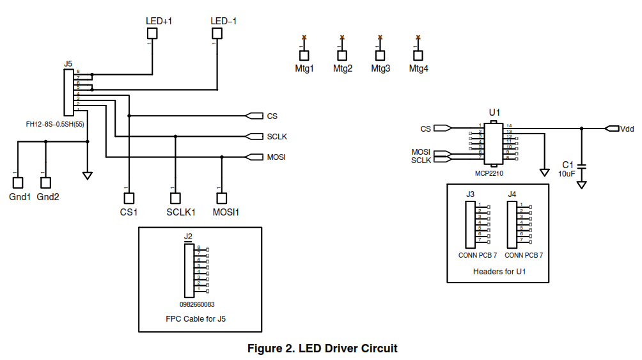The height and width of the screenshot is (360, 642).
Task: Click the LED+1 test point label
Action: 159,21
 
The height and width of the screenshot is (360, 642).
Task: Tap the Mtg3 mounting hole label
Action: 380,69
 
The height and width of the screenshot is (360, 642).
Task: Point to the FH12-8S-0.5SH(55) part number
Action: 54,124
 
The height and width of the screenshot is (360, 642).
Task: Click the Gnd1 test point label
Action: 19,197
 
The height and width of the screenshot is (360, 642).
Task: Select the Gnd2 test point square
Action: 45,182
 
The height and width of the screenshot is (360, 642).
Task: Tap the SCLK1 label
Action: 181,212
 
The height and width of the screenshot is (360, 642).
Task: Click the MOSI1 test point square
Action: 221,198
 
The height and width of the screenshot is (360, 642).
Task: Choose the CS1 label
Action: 129,212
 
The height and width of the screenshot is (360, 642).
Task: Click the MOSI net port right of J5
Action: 254,157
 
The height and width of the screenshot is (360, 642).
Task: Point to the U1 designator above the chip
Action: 494,113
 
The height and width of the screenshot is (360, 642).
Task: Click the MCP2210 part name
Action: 492,173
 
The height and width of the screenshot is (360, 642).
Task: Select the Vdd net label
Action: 627,129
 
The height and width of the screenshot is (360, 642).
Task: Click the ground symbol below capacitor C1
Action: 581,185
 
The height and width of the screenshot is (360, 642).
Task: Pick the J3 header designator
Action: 470,194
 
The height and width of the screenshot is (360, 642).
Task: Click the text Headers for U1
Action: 499,272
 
